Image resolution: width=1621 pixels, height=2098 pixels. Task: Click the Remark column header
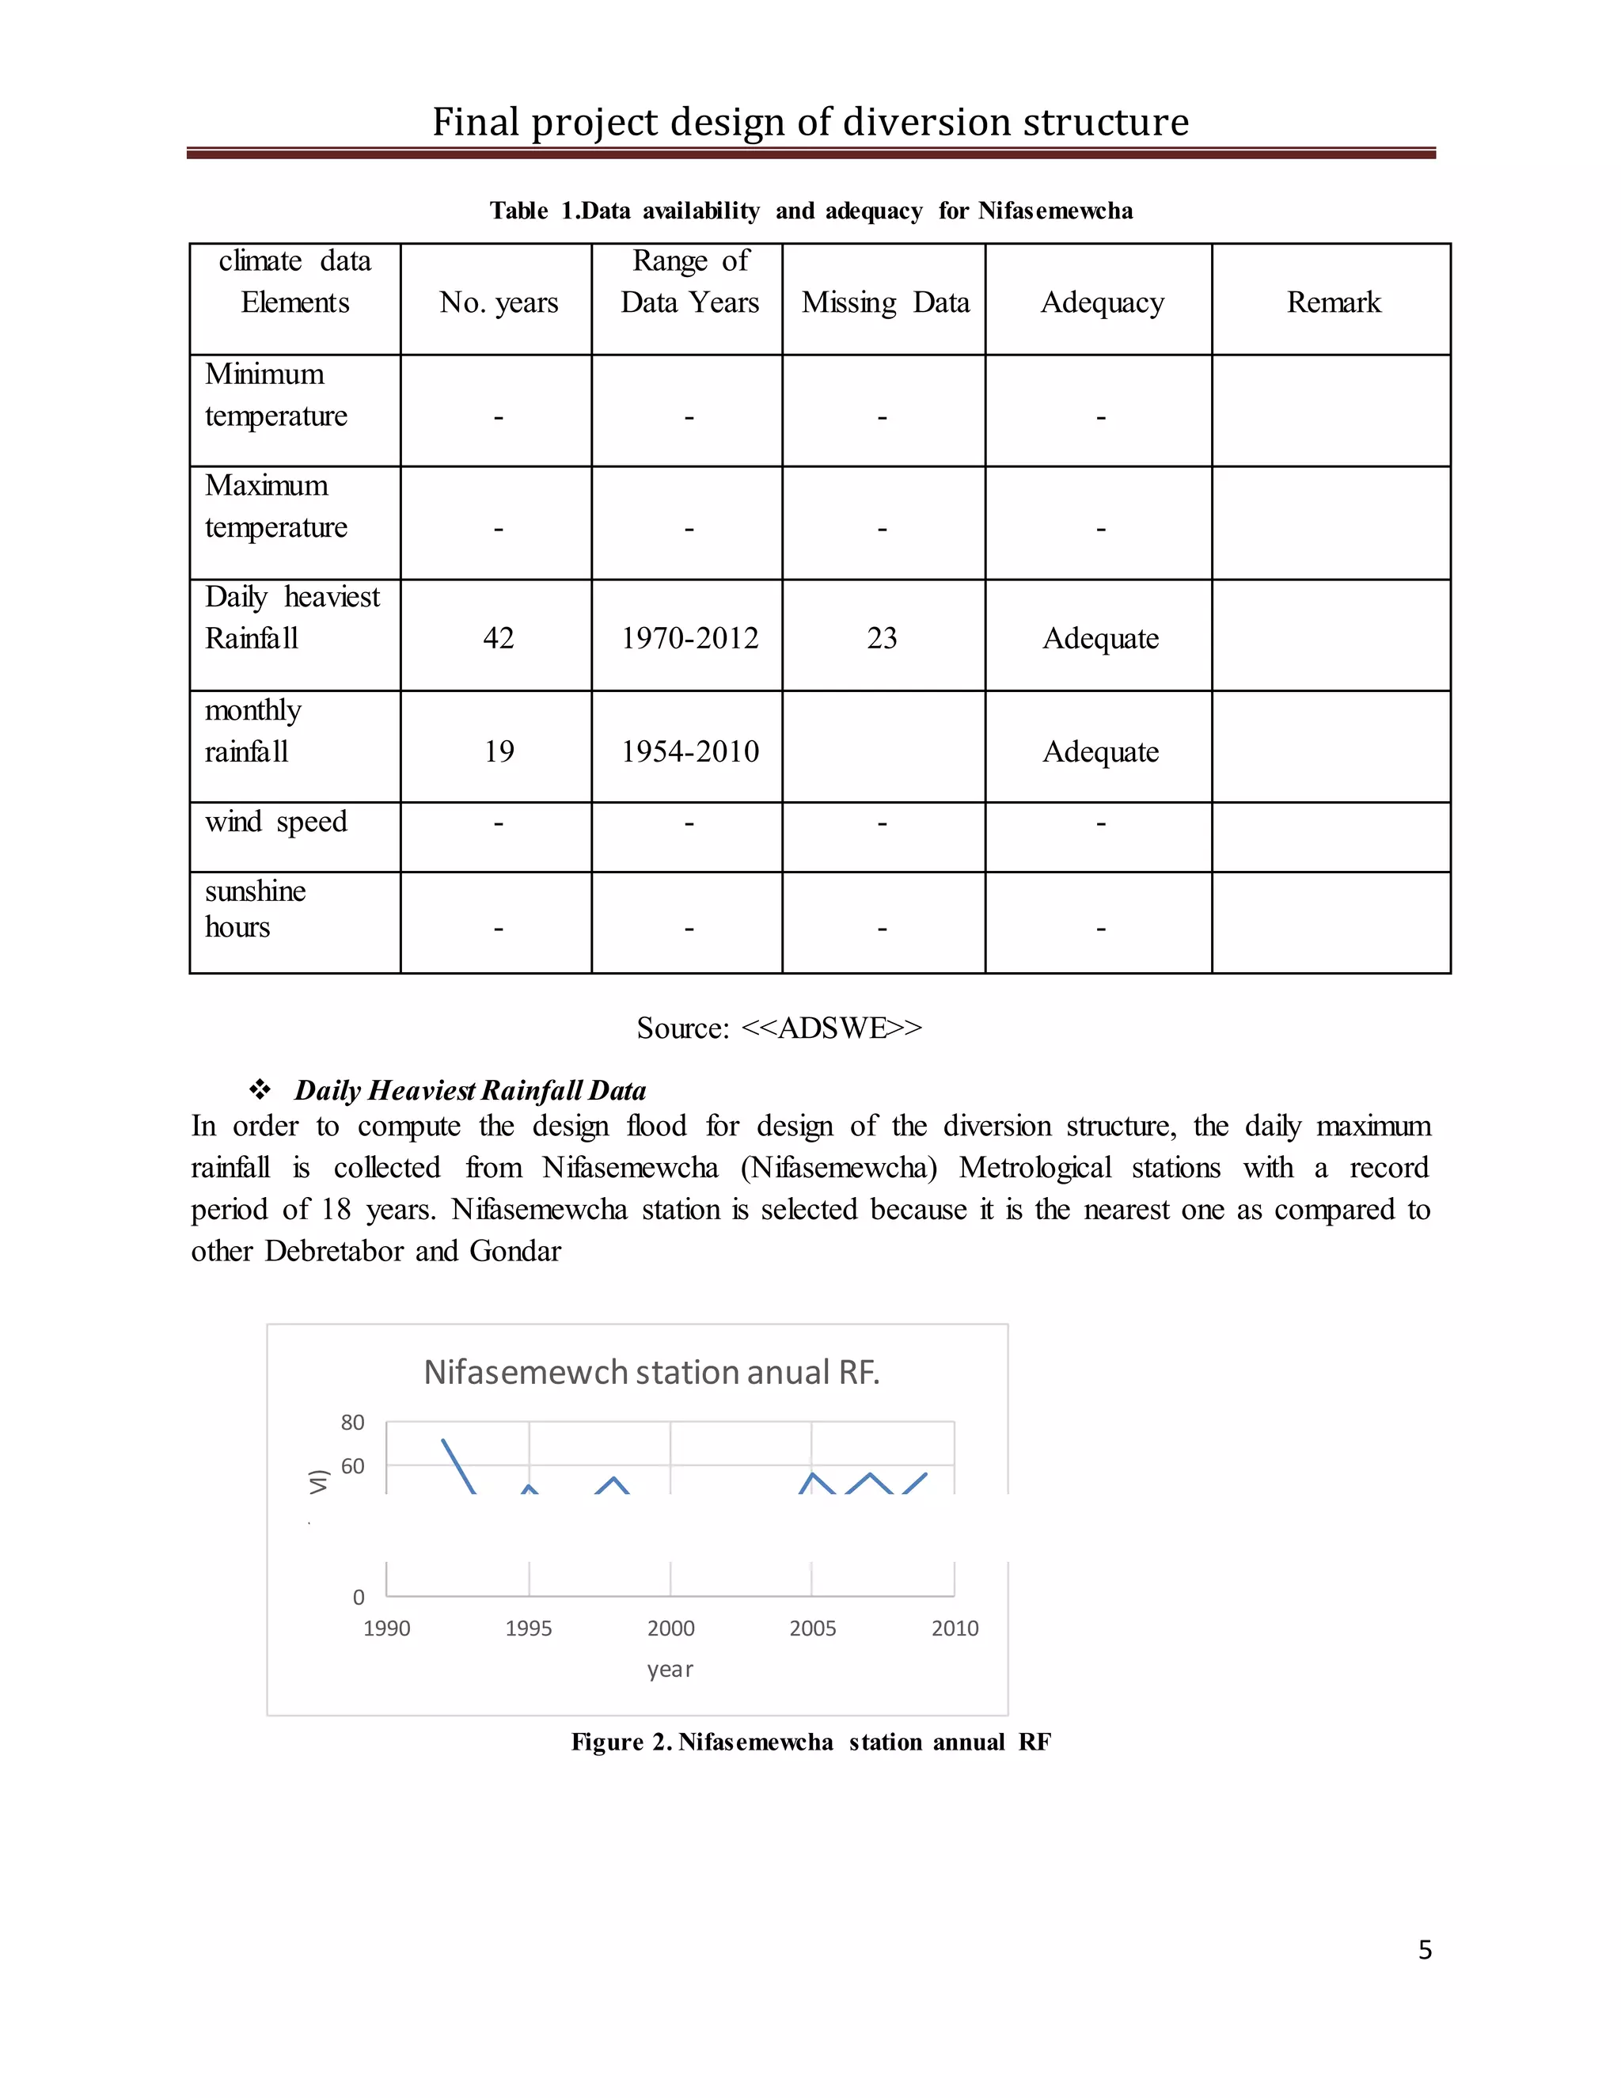(1333, 302)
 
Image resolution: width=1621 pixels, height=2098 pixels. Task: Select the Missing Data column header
(884, 302)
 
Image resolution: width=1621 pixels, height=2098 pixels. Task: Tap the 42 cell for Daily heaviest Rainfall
(499, 638)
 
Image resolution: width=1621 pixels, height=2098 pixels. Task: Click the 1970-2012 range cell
(689, 638)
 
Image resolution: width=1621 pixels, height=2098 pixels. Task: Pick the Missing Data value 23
(882, 638)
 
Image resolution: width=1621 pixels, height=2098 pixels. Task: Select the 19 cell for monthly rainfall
(499, 751)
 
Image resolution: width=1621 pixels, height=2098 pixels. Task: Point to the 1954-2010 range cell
(689, 751)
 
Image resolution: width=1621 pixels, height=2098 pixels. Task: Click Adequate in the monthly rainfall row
(1100, 751)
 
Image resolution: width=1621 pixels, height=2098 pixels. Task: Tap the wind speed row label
(275, 823)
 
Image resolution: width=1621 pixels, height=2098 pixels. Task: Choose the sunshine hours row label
(255, 909)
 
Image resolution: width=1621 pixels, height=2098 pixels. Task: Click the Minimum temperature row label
(275, 395)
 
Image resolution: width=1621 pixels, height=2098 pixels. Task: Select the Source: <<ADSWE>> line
(779, 1028)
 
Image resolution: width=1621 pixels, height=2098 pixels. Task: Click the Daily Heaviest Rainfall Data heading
(469, 1090)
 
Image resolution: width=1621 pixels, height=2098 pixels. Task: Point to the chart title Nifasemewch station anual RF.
(651, 1372)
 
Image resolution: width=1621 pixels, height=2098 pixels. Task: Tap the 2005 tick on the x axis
(812, 1629)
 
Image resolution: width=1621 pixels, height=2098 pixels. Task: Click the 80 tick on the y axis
(352, 1423)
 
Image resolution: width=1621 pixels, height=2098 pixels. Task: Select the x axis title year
(670, 1670)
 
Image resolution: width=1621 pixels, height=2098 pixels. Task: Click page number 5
(1425, 1949)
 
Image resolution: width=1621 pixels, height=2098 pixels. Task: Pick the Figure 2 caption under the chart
(810, 1743)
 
